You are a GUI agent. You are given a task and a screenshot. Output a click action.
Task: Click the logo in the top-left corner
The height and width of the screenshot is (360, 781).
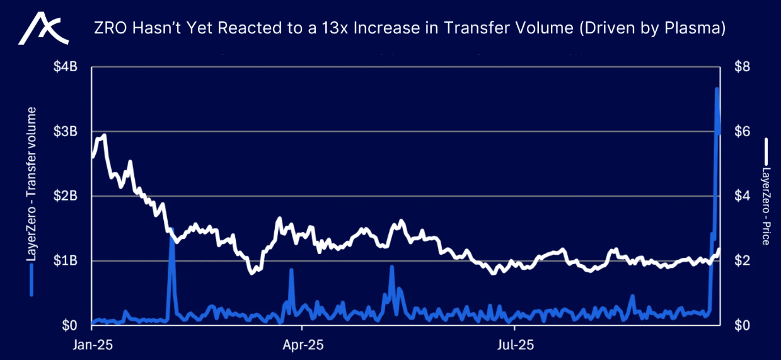42,29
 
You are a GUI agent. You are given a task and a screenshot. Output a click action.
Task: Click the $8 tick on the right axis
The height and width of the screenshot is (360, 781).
742,67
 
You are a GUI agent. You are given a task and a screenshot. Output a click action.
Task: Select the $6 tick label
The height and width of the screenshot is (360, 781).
742,131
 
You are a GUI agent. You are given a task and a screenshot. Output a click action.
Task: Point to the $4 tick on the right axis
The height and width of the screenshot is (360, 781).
742,196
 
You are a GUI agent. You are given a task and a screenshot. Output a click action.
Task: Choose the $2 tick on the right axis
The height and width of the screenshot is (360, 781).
742,260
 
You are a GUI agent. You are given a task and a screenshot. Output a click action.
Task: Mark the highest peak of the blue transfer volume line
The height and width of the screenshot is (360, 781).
717,89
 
